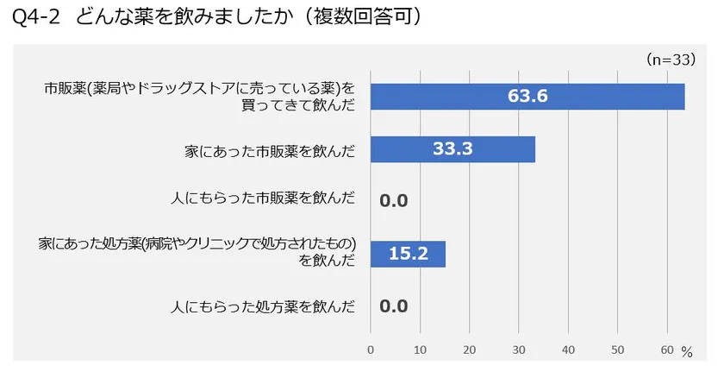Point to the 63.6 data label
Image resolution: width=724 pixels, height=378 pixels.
[x=527, y=97]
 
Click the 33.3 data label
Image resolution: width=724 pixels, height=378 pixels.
[x=452, y=149]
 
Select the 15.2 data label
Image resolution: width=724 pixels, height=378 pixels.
[x=407, y=254]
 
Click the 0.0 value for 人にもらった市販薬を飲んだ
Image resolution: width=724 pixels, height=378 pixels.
[x=393, y=202]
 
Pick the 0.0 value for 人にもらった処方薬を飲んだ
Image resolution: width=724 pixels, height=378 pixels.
[x=393, y=306]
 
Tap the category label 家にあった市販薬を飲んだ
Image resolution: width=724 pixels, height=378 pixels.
[x=270, y=150]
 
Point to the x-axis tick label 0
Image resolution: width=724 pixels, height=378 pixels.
[x=371, y=350]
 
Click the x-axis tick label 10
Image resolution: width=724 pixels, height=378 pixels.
[x=420, y=350]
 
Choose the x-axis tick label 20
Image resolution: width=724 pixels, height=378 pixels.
[x=469, y=350]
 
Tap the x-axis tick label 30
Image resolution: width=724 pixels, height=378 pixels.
[x=518, y=350]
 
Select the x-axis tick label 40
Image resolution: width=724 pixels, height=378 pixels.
[x=568, y=350]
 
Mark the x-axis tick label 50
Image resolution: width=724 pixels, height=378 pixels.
[x=617, y=350]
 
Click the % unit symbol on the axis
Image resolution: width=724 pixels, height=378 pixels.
[x=687, y=352]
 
